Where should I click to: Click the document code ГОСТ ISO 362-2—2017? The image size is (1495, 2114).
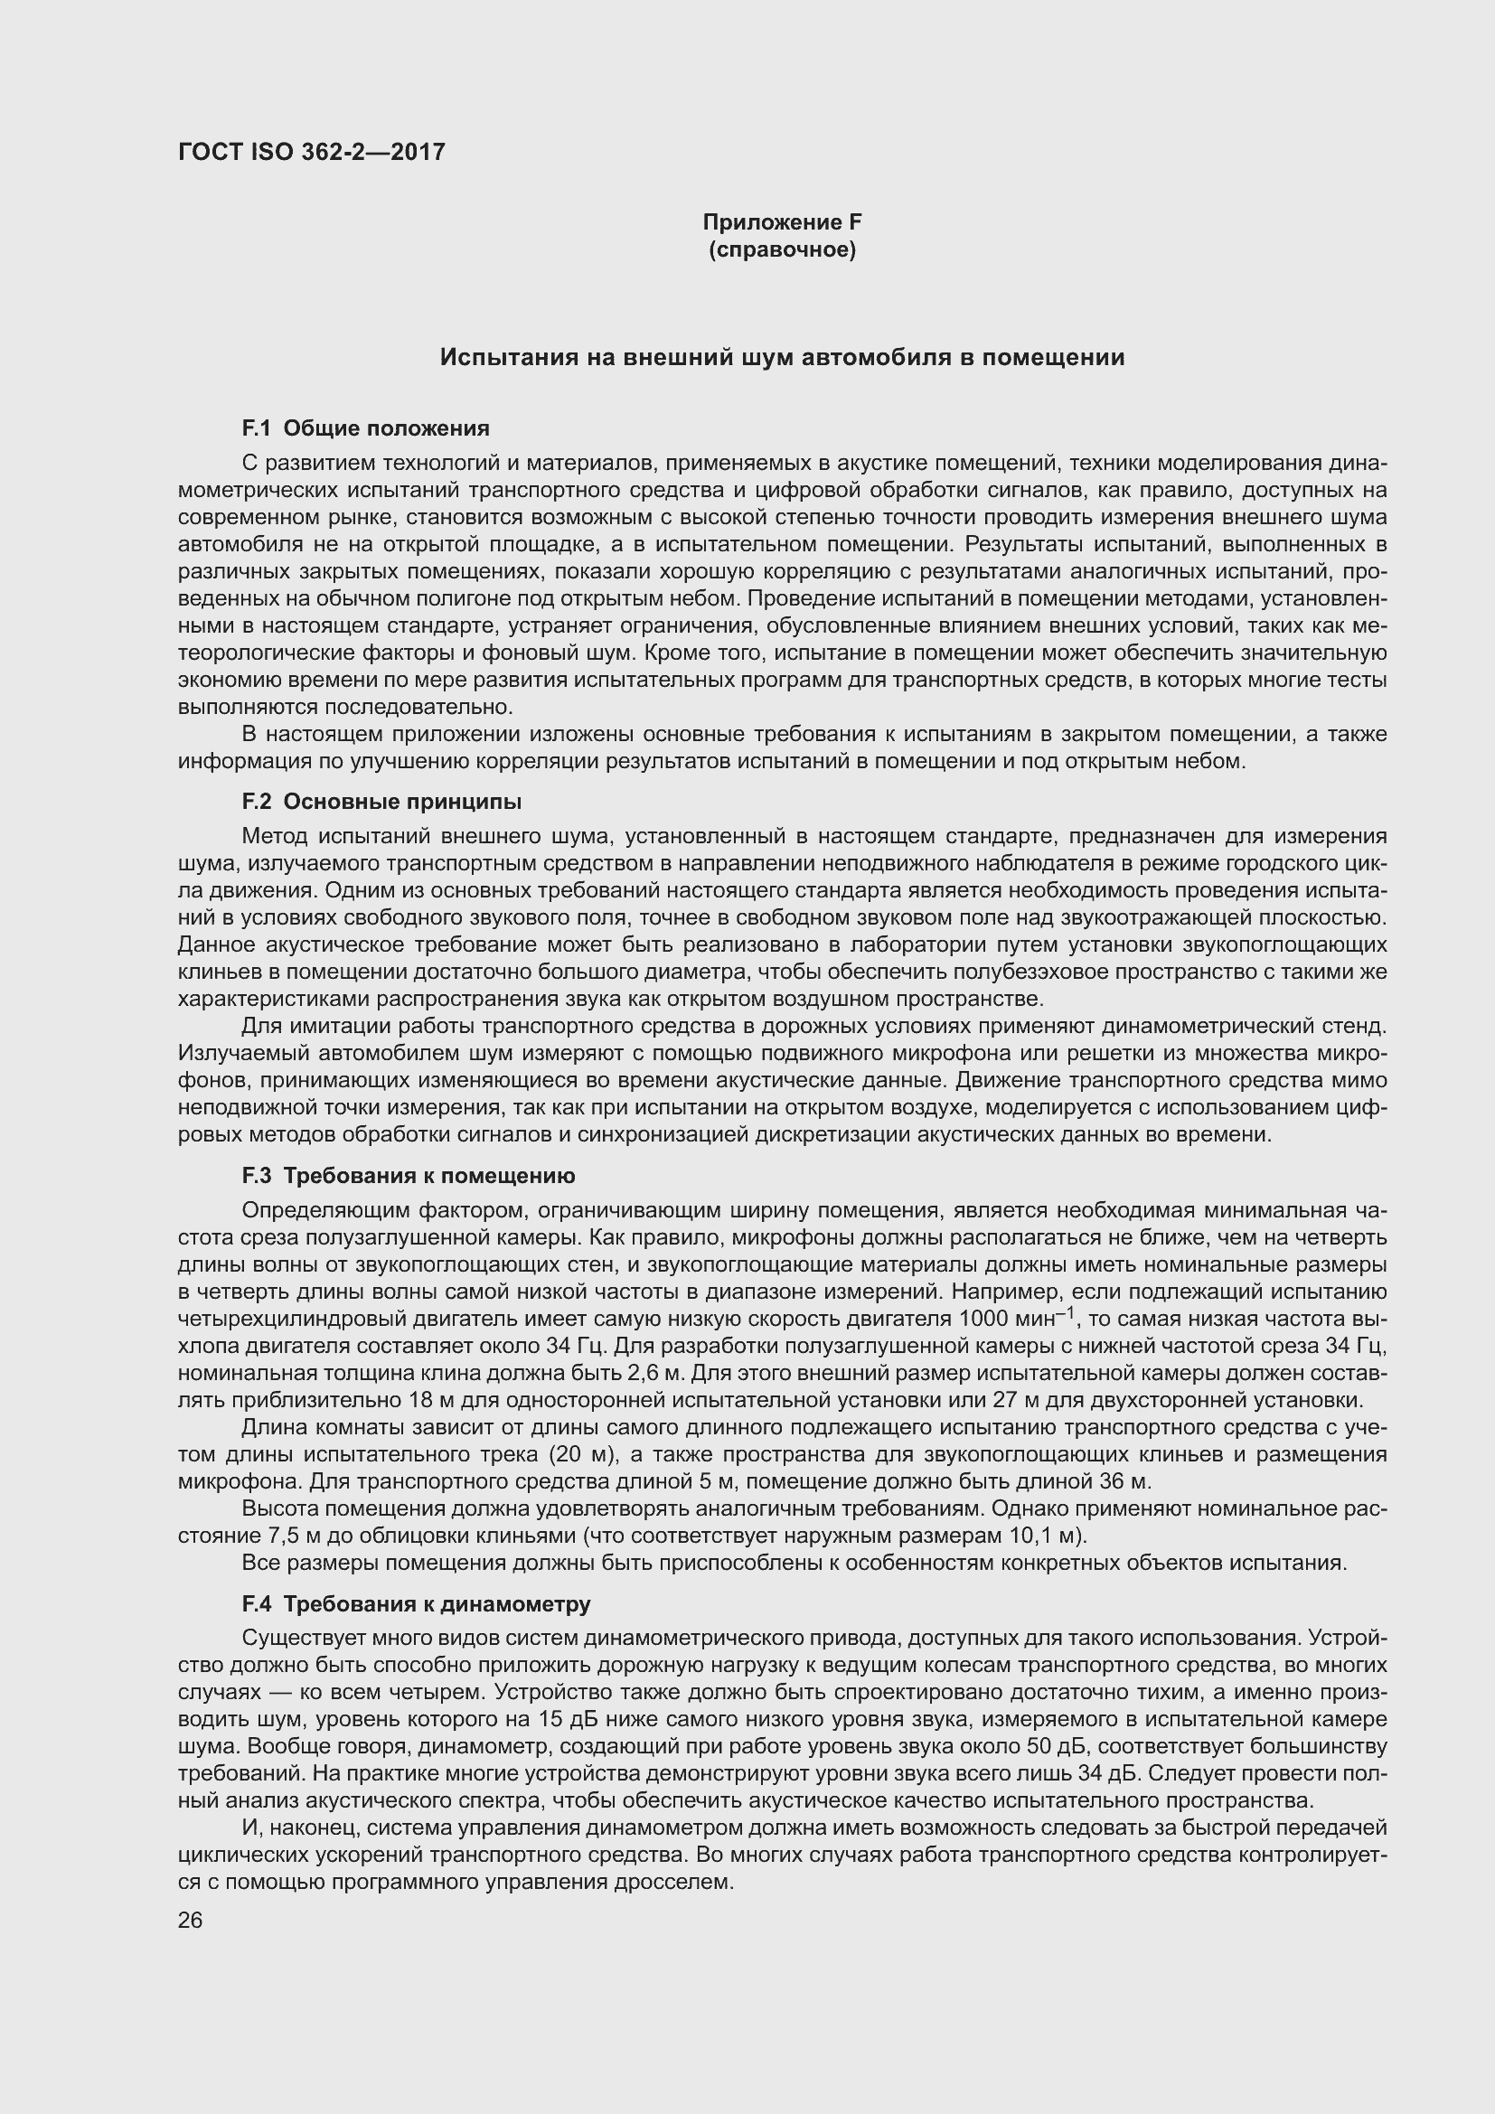pyautogui.click(x=311, y=152)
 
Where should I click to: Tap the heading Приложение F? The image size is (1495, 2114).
pyautogui.click(x=782, y=222)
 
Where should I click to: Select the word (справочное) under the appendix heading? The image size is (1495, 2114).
pyautogui.click(x=782, y=250)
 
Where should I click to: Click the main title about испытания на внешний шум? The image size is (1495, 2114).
pyautogui.click(x=782, y=357)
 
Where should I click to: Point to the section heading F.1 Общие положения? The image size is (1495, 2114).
pyautogui.click(x=365, y=428)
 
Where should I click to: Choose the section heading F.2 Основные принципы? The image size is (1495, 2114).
pyautogui.click(x=381, y=802)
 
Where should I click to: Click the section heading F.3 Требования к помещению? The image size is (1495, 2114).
pyautogui.click(x=408, y=1176)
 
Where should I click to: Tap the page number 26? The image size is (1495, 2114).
pyautogui.click(x=190, y=1921)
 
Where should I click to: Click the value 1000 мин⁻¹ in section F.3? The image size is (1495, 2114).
pyautogui.click(x=1015, y=1320)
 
